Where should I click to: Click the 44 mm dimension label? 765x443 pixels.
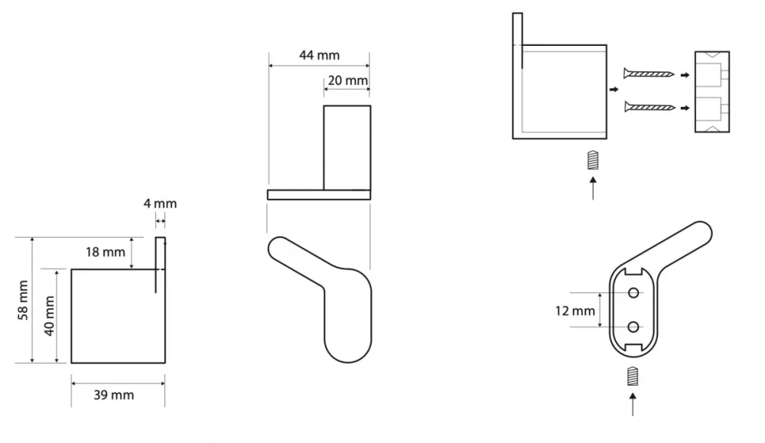tap(320, 55)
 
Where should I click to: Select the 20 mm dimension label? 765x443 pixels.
tap(348, 80)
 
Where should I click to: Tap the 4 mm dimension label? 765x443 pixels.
tap(160, 204)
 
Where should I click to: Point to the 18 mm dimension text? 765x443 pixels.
tap(106, 252)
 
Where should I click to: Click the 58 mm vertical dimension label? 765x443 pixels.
tap(23, 300)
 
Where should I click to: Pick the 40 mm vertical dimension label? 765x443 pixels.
tap(49, 316)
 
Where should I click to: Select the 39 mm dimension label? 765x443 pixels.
tap(114, 395)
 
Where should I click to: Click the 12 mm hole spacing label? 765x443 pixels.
tap(575, 311)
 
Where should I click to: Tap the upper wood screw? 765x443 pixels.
tap(649, 74)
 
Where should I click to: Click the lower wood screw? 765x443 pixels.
tap(649, 107)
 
